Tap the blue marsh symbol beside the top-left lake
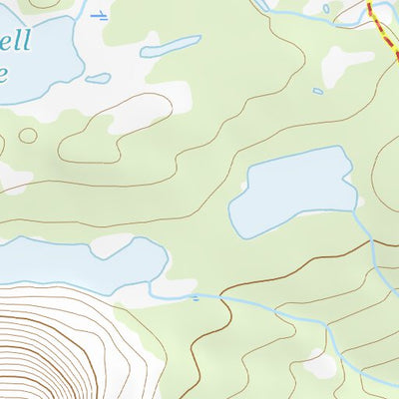coord(99,15)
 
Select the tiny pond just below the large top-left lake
coord(98,78)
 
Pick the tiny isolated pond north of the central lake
coord(317,92)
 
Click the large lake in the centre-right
coord(294,190)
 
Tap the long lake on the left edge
coord(80,261)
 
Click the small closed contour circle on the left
coord(28,135)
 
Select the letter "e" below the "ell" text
coord(4,74)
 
